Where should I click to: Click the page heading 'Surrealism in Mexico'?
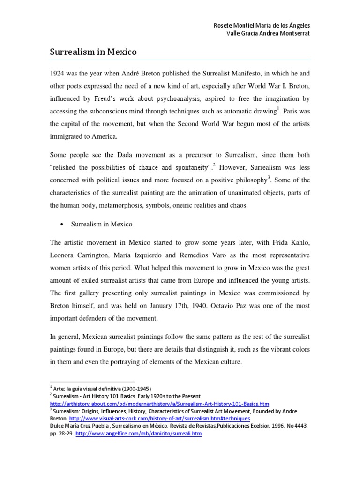pos(93,52)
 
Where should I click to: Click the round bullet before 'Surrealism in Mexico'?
pos(62,225)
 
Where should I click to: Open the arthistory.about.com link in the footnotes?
pos(159,404)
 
